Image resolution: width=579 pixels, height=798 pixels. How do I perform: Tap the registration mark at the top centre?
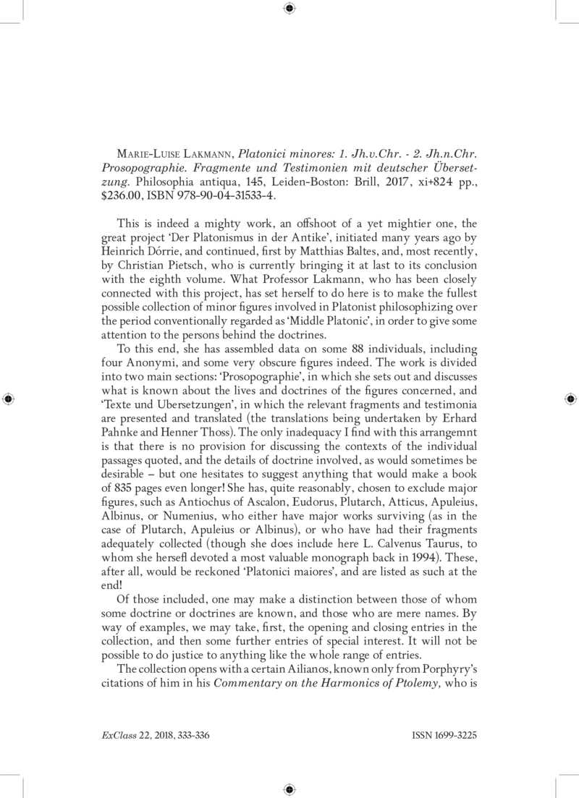pos(289,9)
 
